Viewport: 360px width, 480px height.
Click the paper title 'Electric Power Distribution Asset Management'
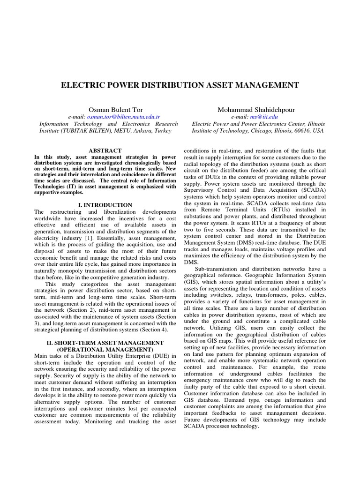[x=180, y=85]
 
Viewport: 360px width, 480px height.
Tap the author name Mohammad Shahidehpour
[x=256, y=109]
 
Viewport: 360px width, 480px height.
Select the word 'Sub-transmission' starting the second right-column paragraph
[x=216, y=269]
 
